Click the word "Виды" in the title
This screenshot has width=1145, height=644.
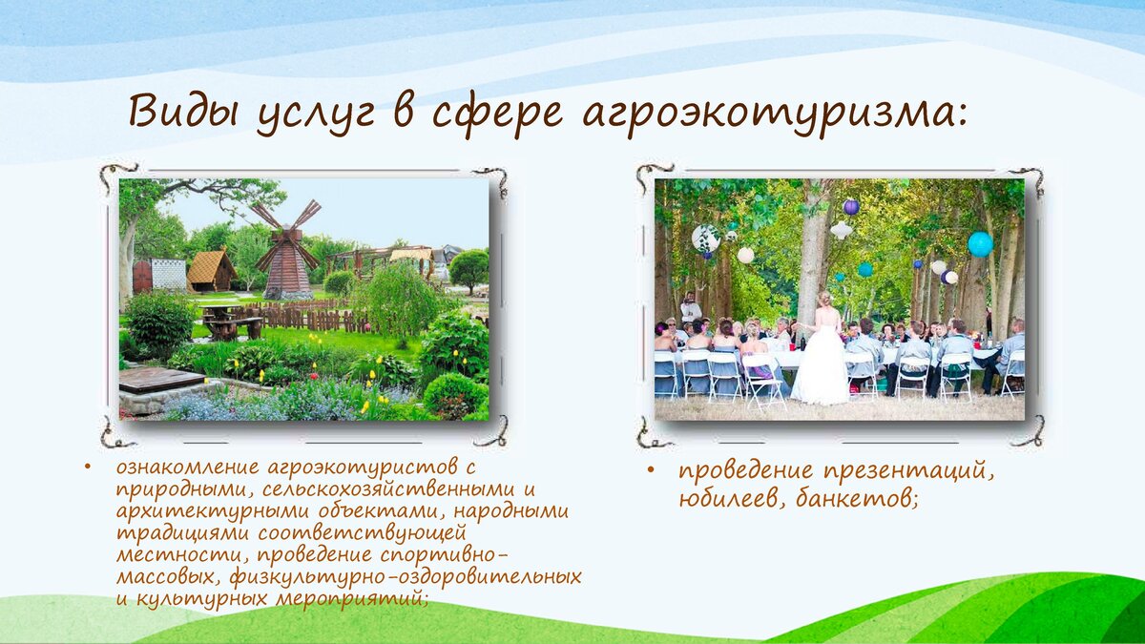[x=183, y=112]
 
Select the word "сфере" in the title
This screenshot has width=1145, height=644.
[x=497, y=116]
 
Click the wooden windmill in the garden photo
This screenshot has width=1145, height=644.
[x=288, y=249]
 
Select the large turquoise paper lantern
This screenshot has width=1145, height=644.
[x=981, y=244]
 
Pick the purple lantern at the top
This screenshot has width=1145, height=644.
[x=851, y=207]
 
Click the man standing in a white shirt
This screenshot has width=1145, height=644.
[x=691, y=307]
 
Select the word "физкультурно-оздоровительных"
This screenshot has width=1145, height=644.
[x=406, y=577]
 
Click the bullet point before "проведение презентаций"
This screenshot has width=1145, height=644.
[x=650, y=470]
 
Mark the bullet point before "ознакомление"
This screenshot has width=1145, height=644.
[x=88, y=467]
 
